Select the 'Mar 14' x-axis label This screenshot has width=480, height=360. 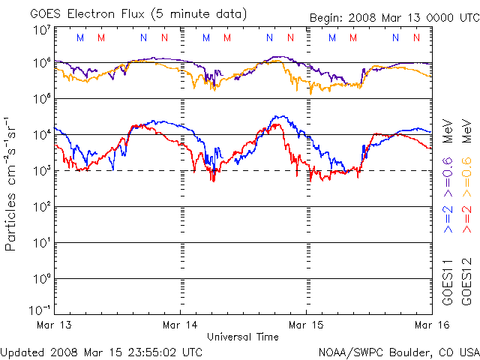(180, 325)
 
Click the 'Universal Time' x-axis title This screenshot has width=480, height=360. (242, 337)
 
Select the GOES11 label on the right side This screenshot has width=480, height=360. (448, 282)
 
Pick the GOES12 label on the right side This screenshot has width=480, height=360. (464, 282)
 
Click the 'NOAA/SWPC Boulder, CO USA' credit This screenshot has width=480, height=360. (398, 350)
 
